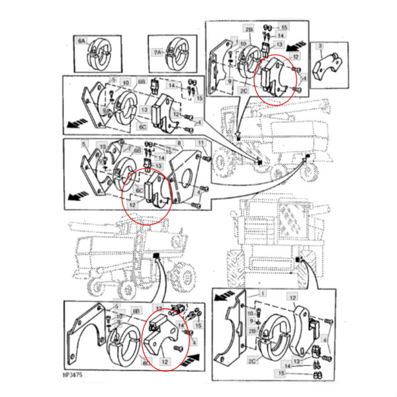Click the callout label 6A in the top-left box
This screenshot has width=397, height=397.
pos(82,41)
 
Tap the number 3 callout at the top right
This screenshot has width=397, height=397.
pos(320,46)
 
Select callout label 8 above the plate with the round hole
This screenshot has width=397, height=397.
pos(179,144)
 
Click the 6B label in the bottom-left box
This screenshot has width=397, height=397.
pos(136,310)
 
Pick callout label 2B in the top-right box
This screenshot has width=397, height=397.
pos(249,30)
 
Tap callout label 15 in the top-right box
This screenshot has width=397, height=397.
pos(284,27)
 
